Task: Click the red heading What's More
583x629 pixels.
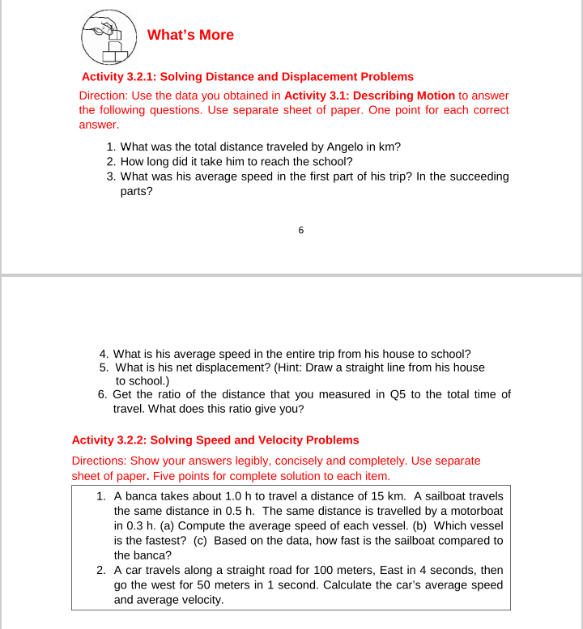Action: [190, 35]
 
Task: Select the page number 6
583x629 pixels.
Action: [300, 231]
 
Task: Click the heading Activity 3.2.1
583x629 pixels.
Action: [247, 77]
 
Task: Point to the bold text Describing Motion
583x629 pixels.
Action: [404, 95]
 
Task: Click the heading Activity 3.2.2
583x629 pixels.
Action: [215, 440]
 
